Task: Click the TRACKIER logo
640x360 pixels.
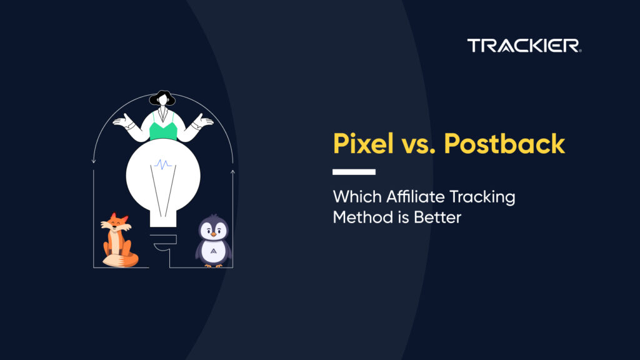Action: click(x=524, y=45)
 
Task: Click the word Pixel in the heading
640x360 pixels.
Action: click(x=363, y=143)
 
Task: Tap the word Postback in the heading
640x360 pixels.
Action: click(x=504, y=143)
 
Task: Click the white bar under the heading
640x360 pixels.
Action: click(x=354, y=172)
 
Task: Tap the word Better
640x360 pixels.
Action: click(x=437, y=217)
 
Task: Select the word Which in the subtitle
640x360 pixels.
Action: click(x=357, y=197)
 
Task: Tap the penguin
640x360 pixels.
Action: click(x=214, y=241)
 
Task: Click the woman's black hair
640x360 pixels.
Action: click(x=162, y=98)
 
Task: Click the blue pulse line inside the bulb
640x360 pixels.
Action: click(x=163, y=164)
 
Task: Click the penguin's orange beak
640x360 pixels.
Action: click(x=214, y=234)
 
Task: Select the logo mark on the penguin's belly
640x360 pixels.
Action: click(x=214, y=251)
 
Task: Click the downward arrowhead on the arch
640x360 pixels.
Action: click(x=94, y=161)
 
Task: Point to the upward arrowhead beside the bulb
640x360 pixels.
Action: click(x=232, y=172)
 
